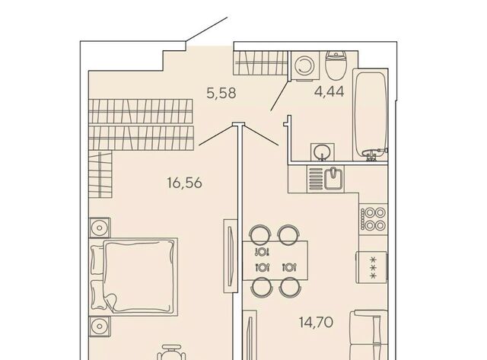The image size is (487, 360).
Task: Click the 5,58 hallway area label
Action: coord(221,93)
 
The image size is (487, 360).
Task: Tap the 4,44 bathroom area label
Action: coord(329,91)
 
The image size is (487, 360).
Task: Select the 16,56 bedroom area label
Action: coord(184,183)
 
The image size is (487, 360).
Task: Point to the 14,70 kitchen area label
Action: coord(317,323)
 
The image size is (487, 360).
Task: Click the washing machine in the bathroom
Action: coord(306,66)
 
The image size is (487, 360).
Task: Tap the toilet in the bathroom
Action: coord(336,64)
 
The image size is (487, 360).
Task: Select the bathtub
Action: coord(371,115)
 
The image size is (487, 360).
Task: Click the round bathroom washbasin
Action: coord(322,152)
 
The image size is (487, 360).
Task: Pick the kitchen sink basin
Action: coord(333,179)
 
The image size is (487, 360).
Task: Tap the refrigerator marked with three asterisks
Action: coord(372,267)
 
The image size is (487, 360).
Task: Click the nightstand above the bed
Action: coord(100,228)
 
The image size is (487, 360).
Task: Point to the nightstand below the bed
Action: coord(100,327)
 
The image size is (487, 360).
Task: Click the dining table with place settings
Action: coord(275,260)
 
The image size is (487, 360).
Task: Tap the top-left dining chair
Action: coord(260,233)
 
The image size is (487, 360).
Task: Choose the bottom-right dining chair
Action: coord(289,288)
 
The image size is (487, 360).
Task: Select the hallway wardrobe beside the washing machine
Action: coord(260,63)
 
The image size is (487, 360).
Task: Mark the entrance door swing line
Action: coord(207,29)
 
